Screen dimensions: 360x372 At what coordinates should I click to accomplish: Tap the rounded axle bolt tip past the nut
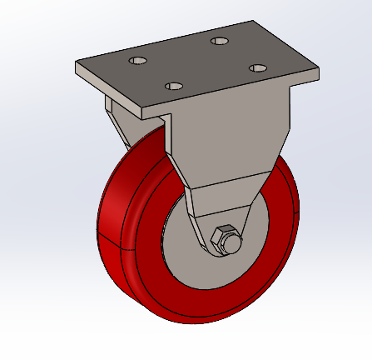pyautogui.click(x=235, y=244)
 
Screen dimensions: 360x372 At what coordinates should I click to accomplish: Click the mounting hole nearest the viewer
pyautogui.click(x=174, y=85)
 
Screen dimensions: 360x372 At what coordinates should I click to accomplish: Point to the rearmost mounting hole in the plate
pyautogui.click(x=220, y=40)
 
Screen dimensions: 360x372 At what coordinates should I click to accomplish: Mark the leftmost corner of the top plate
pyautogui.click(x=77, y=66)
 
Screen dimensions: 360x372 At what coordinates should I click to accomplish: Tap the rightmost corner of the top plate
pyautogui.click(x=319, y=72)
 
